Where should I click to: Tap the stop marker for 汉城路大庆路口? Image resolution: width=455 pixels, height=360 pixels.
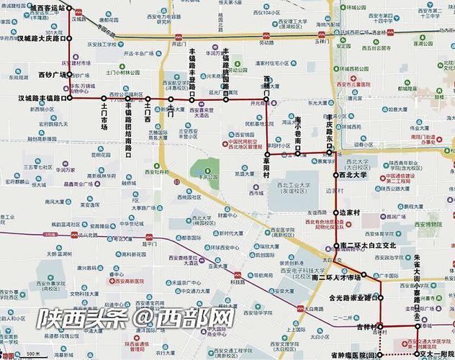pos(70,39)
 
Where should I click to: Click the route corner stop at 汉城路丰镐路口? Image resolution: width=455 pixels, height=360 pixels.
pos(70,98)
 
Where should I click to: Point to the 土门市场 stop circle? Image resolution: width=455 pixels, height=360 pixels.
pos(104,98)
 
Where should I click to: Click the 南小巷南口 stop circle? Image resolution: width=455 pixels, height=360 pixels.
pos(297,153)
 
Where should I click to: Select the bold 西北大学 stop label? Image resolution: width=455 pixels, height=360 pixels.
pos(353,175)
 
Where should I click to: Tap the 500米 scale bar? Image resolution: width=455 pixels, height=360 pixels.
pos(29,354)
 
